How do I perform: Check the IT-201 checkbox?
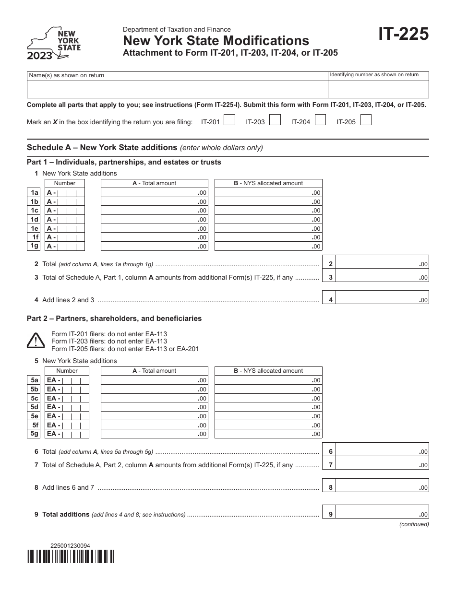pyautogui.click(x=229, y=120)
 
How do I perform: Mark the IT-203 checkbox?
pyautogui.click(x=275, y=120)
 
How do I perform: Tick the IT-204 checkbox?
pyautogui.click(x=320, y=120)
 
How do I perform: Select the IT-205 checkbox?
pyautogui.click(x=366, y=120)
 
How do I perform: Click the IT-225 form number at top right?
pyautogui.click(x=403, y=35)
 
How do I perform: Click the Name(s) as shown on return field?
pyautogui.click(x=177, y=89)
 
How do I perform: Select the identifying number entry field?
pyautogui.click(x=378, y=89)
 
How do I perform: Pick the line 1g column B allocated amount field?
pyautogui.click(x=268, y=247)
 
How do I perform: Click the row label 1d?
pyautogui.click(x=35, y=220)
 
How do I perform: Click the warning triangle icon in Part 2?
pyautogui.click(x=36, y=341)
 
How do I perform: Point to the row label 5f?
pyautogui.click(x=35, y=425)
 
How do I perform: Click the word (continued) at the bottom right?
pyautogui.click(x=414, y=524)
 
